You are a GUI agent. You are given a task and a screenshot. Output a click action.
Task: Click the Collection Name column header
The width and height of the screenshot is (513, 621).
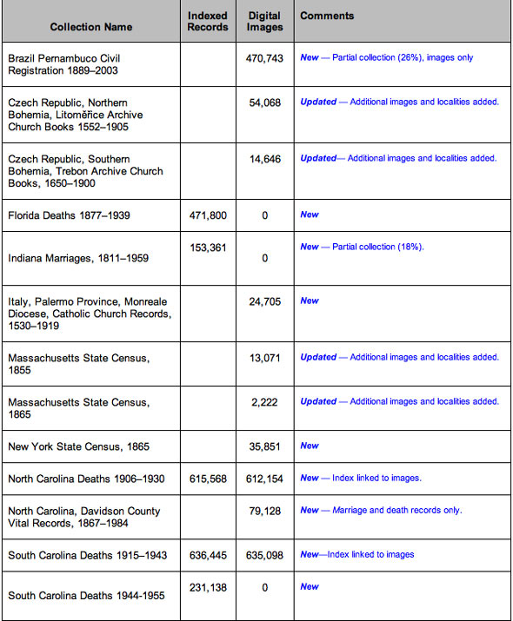click(90, 27)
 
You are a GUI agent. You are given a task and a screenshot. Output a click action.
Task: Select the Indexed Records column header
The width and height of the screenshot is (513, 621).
click(208, 21)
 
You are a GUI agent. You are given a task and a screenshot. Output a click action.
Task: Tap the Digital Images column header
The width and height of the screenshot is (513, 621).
click(264, 21)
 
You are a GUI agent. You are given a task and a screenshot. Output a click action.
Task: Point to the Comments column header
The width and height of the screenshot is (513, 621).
click(327, 16)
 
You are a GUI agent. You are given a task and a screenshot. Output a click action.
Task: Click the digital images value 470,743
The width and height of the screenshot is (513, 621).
click(264, 57)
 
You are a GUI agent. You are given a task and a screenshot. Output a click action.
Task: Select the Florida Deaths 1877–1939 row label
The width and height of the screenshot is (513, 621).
click(69, 215)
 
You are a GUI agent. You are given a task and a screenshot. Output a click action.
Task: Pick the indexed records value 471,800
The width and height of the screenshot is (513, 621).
click(208, 215)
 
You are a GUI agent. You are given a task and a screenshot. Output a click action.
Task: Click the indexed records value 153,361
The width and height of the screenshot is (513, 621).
click(208, 248)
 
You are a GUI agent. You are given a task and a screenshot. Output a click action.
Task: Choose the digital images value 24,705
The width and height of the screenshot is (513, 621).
click(264, 301)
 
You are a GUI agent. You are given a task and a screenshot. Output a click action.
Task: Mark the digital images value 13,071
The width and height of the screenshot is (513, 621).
click(264, 358)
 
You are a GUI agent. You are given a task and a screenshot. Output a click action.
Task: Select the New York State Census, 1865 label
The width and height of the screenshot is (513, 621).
click(78, 446)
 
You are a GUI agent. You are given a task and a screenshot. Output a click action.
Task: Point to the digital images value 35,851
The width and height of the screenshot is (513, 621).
click(264, 446)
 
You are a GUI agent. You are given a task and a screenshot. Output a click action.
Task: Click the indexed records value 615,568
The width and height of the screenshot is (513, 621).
click(208, 479)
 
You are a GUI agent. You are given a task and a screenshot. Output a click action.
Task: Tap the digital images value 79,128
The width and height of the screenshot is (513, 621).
click(264, 511)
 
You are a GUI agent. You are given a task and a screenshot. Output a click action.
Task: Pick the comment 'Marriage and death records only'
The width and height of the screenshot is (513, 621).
click(396, 511)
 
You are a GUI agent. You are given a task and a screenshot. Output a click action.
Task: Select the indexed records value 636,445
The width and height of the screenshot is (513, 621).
click(208, 555)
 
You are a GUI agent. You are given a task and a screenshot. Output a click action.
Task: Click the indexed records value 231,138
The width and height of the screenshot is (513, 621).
click(208, 588)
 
